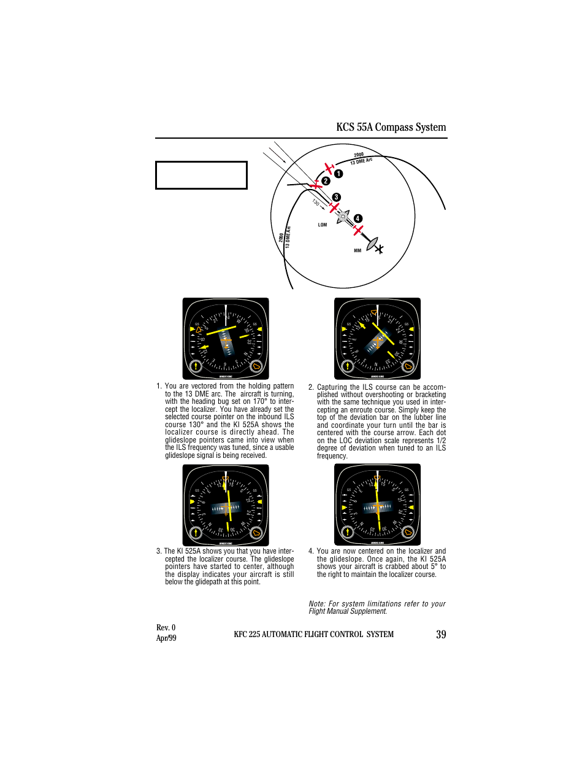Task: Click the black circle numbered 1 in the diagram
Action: [x=338, y=174]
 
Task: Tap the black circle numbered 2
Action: [x=326, y=181]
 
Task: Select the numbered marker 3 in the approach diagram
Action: [x=336, y=197]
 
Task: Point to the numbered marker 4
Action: [x=358, y=219]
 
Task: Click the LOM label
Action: [x=323, y=225]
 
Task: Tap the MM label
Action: [x=357, y=250]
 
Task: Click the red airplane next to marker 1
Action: [x=329, y=168]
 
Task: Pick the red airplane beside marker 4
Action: [x=357, y=230]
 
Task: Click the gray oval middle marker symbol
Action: [x=372, y=244]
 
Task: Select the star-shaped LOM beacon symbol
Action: [x=343, y=216]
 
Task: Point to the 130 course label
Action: [x=316, y=202]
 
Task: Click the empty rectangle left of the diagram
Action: [x=201, y=175]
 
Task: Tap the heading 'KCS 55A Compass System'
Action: [x=391, y=127]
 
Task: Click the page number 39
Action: [x=441, y=635]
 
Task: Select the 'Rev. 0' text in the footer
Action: [x=166, y=627]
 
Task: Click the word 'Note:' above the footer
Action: [x=317, y=604]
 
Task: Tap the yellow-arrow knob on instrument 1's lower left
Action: [x=196, y=366]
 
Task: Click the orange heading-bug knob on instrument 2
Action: [x=408, y=366]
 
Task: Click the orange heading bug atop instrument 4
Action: [x=377, y=478]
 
